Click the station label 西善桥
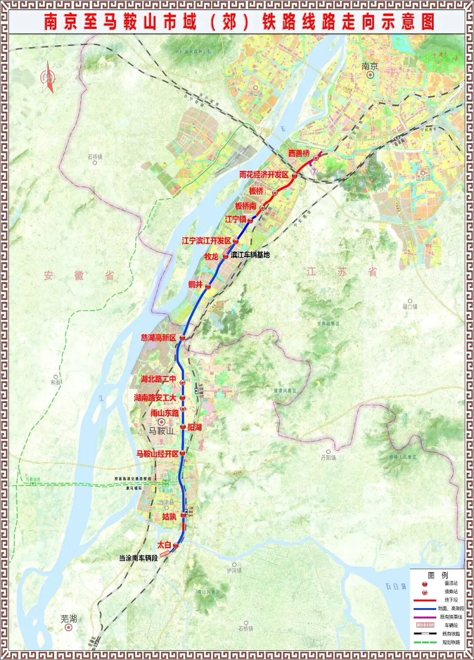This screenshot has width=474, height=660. click(x=299, y=153)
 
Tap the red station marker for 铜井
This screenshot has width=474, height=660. click(x=208, y=286)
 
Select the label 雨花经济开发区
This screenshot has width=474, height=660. click(x=264, y=174)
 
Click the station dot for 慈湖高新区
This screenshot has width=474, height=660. click(x=182, y=338)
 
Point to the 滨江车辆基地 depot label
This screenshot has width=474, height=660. click(x=250, y=255)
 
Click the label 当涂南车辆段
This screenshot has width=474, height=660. click(x=138, y=558)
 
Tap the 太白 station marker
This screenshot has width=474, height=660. click(x=176, y=545)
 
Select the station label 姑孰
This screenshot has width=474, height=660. click(x=169, y=517)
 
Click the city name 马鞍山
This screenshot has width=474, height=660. click(x=161, y=431)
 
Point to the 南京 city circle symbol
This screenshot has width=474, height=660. click(x=370, y=75)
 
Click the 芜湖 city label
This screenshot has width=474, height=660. click(x=68, y=619)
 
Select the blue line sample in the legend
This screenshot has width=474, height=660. click(x=424, y=609)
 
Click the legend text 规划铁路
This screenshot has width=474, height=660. click(x=451, y=642)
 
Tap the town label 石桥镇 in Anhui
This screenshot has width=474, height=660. click(x=94, y=156)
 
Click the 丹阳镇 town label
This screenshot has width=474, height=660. click(x=328, y=457)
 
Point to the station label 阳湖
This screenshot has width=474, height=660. click(x=194, y=427)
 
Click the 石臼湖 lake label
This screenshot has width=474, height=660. click(x=396, y=587)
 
